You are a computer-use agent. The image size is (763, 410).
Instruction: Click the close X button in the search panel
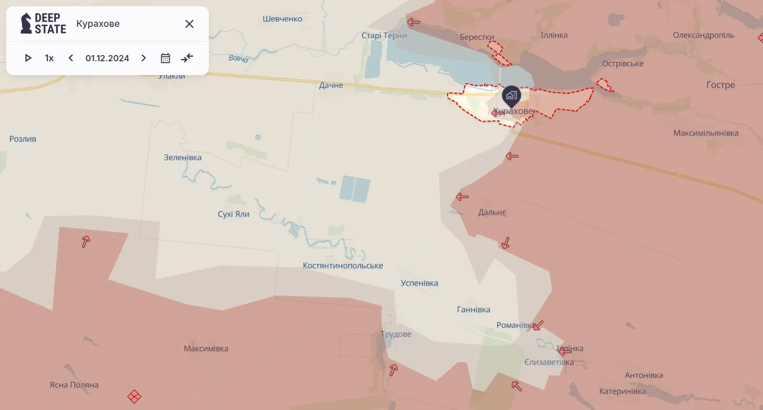189,24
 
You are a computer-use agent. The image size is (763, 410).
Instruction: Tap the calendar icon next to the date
165,58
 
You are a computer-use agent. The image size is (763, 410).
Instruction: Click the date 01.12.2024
107,58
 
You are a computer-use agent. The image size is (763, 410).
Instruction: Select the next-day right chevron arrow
143,58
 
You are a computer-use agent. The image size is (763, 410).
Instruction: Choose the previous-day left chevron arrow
71,58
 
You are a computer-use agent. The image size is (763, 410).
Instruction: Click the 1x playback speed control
49,58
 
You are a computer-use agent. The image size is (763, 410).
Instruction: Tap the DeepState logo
43,23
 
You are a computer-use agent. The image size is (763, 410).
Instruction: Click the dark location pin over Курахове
511,96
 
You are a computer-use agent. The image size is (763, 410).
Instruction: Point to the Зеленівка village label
182,157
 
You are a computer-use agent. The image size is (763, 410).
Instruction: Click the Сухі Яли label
233,214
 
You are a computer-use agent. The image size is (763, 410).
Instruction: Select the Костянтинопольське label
342,266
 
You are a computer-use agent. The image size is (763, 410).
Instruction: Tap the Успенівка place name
419,283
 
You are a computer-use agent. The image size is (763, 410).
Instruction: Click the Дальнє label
492,212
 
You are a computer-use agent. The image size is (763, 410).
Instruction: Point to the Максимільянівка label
706,133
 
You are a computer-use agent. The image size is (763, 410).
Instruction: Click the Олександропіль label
703,35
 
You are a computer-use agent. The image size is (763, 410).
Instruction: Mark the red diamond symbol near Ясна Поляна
134,397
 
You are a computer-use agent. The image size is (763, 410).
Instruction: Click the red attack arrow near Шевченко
414,22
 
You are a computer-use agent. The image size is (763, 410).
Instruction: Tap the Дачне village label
331,85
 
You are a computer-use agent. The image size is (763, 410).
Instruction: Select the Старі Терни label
384,35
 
